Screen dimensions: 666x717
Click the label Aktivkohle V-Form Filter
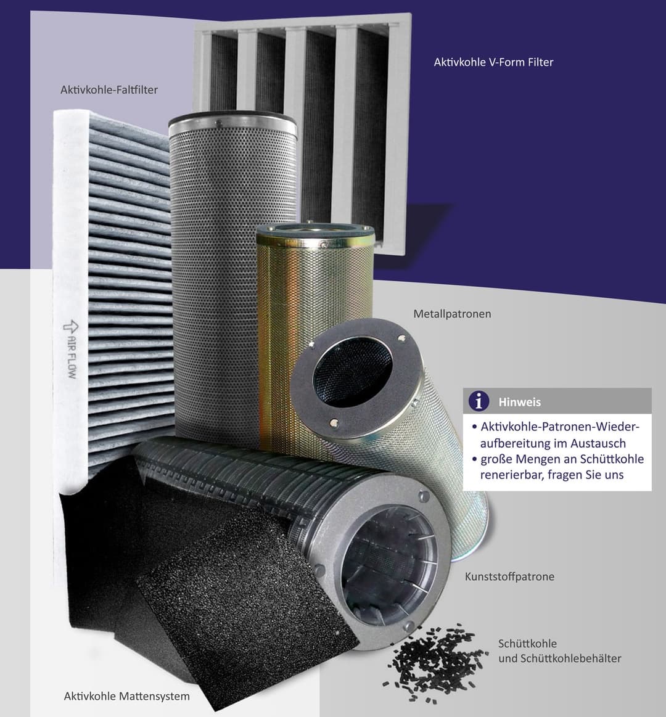[x=493, y=62]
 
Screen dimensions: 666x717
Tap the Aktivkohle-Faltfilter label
[x=109, y=89]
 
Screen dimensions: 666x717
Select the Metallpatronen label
[x=452, y=314]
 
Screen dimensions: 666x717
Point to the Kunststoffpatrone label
[x=509, y=576]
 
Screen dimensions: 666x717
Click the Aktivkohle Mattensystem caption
[x=126, y=697]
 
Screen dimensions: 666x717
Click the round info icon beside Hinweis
[x=479, y=401]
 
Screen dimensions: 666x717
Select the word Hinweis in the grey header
[x=520, y=402]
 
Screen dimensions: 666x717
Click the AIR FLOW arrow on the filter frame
[x=70, y=327]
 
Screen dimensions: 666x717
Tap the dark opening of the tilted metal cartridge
[x=351, y=371]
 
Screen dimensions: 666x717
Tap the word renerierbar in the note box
[x=507, y=475]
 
